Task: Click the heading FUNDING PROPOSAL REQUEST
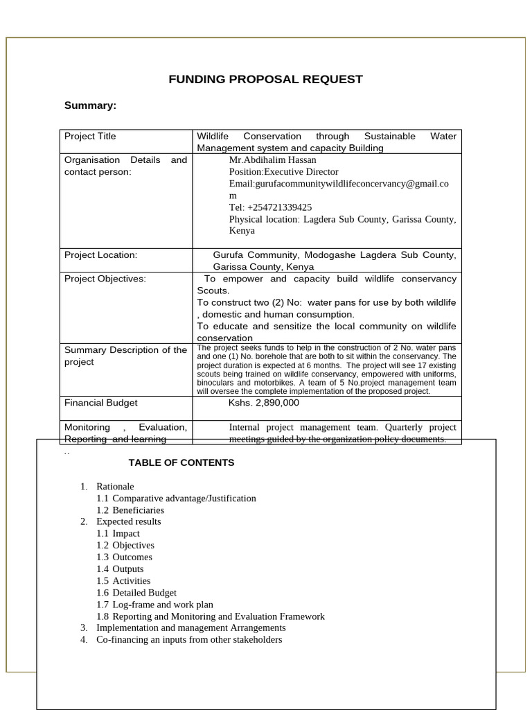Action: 265,79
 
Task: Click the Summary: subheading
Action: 90,105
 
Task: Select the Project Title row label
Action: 90,136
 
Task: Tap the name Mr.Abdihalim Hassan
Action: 272,159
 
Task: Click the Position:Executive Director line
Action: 283,171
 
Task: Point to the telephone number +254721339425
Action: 270,207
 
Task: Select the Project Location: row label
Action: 100,254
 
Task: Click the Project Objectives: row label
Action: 105,279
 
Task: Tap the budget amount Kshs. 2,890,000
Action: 263,402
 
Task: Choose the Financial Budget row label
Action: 100,402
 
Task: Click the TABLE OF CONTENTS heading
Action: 181,462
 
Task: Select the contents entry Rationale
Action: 115,486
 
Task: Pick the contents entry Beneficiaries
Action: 138,510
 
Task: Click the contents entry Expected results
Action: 128,521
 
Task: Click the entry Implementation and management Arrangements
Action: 190,627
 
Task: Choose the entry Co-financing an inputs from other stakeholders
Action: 189,639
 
